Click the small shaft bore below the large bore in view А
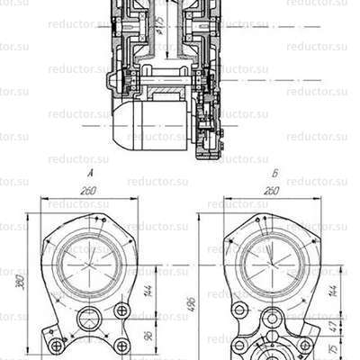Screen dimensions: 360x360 pyautogui.click(x=91, y=319)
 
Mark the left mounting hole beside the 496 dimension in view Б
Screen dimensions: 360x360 pyautogui.click(x=238, y=311)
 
